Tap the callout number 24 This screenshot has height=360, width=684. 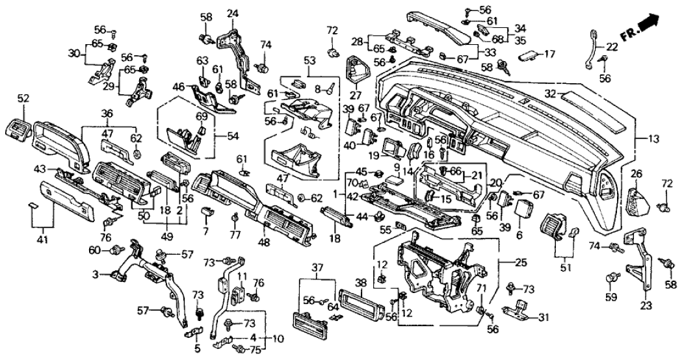[x=232, y=13]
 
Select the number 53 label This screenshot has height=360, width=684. [x=309, y=60]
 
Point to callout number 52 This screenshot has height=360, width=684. [x=23, y=98]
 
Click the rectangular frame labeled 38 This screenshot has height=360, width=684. [x=363, y=304]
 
